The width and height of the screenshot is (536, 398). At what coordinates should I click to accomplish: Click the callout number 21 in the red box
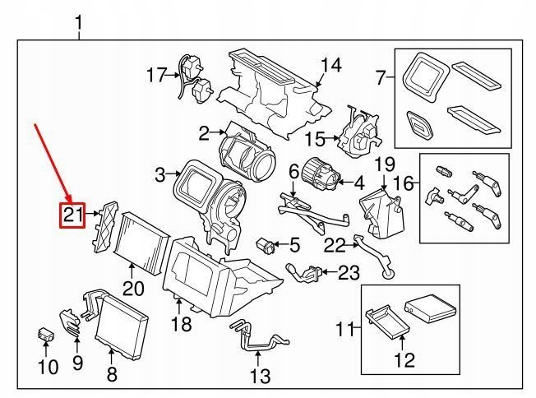pos(74,215)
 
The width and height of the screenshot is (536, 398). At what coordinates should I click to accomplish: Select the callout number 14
pos(330,65)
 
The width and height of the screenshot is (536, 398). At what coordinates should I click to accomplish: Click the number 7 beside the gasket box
pos(380,79)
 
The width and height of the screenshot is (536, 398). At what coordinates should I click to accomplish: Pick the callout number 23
pos(349,272)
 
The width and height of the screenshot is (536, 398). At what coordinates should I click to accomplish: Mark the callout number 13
pos(260,377)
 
